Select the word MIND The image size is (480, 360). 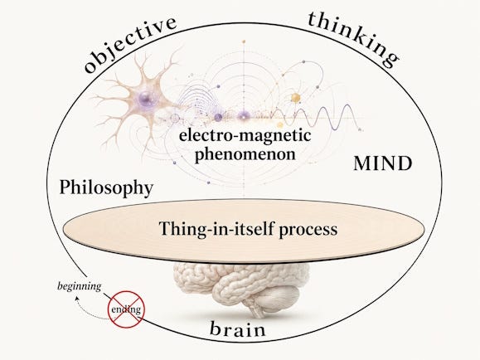(383, 163)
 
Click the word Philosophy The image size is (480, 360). (106, 187)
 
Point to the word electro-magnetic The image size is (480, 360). (245, 135)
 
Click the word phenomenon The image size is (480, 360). (245, 154)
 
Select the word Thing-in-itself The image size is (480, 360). (216, 228)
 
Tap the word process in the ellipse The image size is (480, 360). (308, 231)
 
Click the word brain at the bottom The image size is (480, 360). (238, 329)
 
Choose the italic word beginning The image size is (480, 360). (79, 286)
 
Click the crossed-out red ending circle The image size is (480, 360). (126, 309)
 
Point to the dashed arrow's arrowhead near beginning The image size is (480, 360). (77, 298)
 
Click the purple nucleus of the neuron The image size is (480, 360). (144, 99)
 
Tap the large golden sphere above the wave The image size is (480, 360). (295, 98)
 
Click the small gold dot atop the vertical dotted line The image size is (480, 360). (244, 41)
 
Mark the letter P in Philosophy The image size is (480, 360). (65, 187)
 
